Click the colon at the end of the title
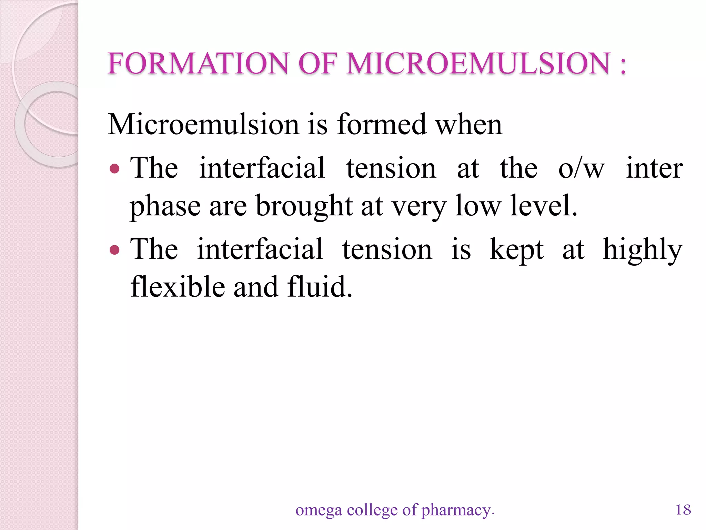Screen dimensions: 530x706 (x=622, y=66)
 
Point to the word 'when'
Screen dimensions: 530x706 (x=469, y=125)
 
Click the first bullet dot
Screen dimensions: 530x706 (x=114, y=169)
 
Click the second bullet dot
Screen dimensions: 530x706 (x=114, y=250)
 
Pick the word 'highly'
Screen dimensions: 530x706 (x=642, y=250)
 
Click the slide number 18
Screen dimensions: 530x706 (x=683, y=509)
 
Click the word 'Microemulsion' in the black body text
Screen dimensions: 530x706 (x=203, y=125)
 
